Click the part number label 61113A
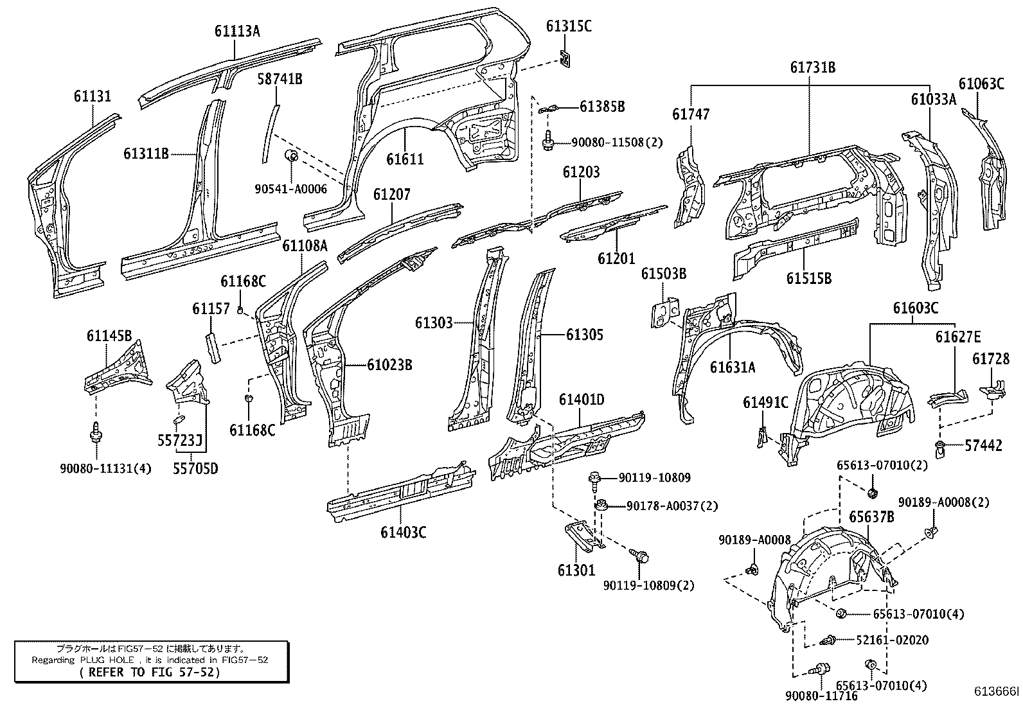point(237,30)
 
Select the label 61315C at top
point(569,26)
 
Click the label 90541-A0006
point(290,188)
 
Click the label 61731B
point(812,67)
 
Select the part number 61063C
point(981,84)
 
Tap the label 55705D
point(195,468)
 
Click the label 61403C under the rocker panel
point(404,533)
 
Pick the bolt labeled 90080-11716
point(821,669)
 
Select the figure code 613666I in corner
point(996,691)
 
